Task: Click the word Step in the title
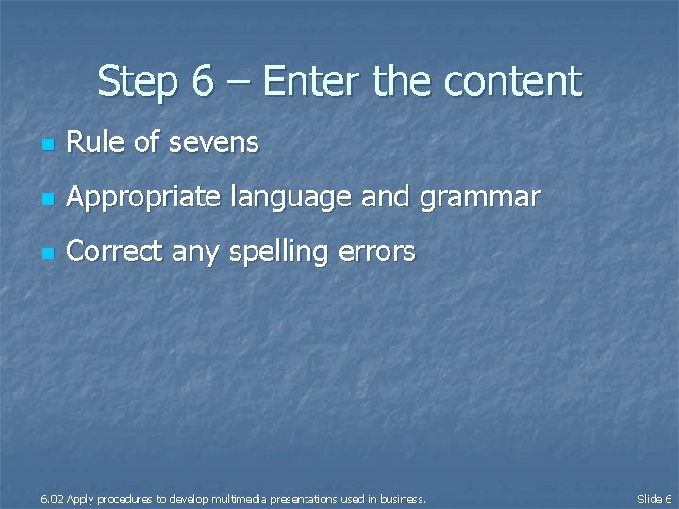click(137, 82)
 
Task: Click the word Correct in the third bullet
click(112, 252)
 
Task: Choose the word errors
click(381, 253)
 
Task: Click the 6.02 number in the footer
click(52, 499)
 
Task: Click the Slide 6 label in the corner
click(654, 499)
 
